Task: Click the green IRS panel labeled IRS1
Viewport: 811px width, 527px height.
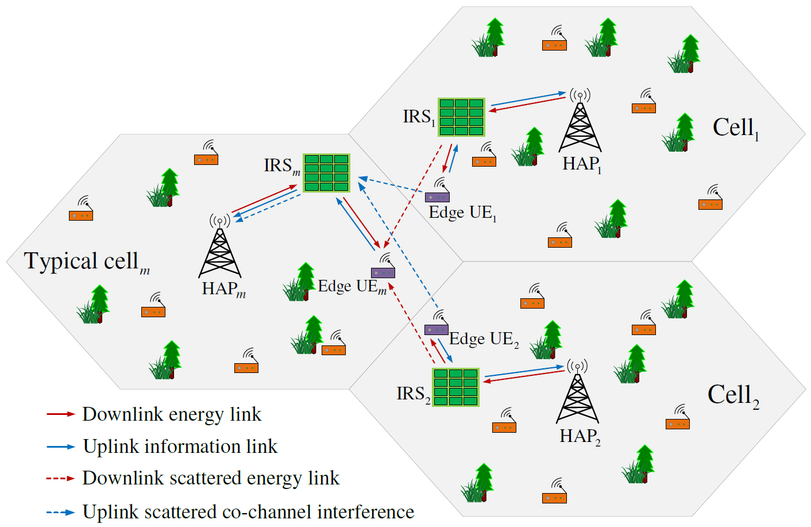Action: pos(461,117)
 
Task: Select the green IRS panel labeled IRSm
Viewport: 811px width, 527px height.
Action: pos(326,172)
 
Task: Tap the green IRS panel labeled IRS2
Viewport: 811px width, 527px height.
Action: pos(455,387)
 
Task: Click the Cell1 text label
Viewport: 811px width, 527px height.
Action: pos(735,128)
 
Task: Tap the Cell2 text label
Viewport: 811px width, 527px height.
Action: pos(733,395)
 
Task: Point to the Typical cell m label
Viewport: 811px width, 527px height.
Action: pos(86,262)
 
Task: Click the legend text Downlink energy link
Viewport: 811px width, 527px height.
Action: pos(171,414)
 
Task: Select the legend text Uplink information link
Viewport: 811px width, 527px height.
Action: pos(180,447)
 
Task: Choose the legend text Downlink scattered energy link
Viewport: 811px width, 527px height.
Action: pos(211,478)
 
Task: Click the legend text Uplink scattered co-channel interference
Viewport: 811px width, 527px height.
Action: pos(248,511)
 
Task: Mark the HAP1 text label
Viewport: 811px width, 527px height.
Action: pos(581,164)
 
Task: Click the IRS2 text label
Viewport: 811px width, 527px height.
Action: pos(413,394)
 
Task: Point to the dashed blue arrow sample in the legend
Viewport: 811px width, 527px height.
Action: pos(60,512)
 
